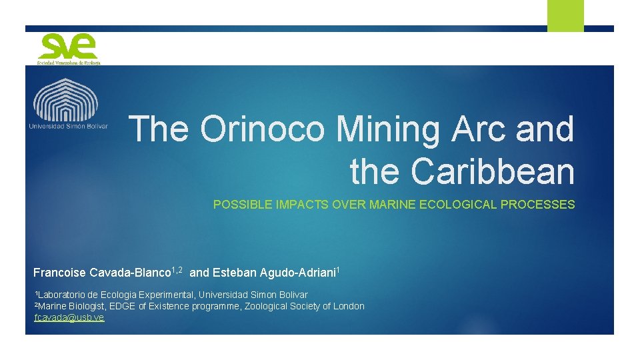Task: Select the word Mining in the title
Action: click(x=391, y=129)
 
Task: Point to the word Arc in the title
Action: click(x=479, y=129)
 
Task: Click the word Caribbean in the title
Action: click(x=493, y=171)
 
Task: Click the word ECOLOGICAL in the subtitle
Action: click(x=457, y=205)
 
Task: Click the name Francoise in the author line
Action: click(x=59, y=273)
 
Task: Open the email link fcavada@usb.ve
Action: click(x=69, y=318)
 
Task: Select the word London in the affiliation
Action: click(x=348, y=307)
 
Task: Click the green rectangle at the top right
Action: click(x=565, y=15)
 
